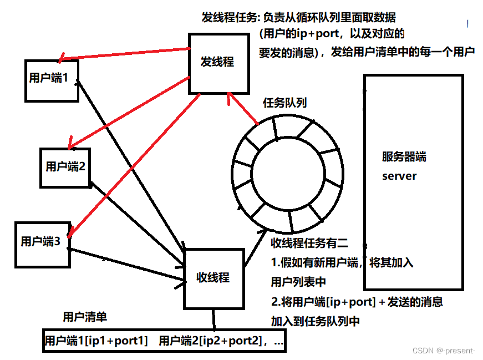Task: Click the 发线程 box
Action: point(217,62)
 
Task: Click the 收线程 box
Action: point(213,278)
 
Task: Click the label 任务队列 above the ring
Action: point(284,103)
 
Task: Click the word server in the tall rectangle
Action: point(399,176)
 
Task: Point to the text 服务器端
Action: point(404,157)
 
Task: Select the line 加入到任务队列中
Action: point(315,321)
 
